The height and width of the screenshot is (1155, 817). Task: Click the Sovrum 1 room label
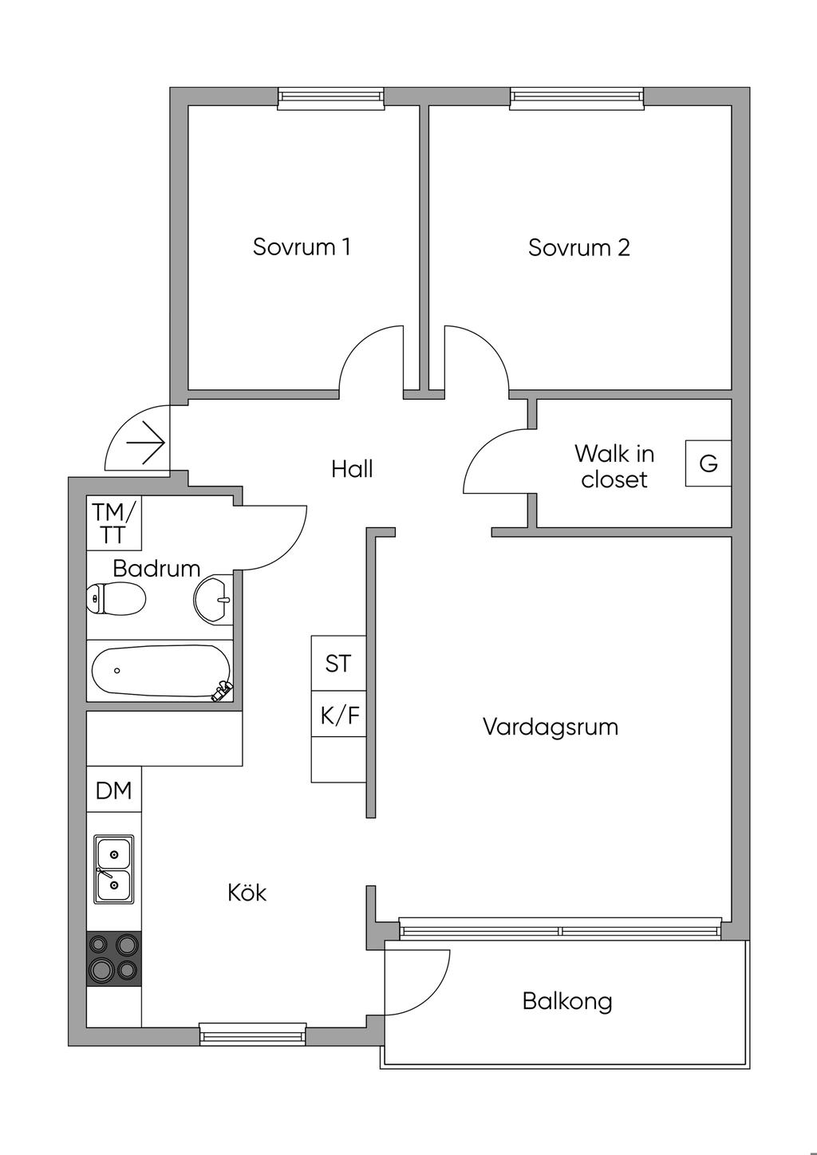pos(302,246)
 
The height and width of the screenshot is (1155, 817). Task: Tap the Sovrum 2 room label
pos(578,247)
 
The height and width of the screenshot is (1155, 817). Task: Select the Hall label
pos(352,469)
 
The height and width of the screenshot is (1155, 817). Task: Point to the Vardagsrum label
pos(551,727)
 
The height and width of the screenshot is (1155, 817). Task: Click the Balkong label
pos(567,1000)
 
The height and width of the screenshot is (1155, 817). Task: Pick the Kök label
pos(247,892)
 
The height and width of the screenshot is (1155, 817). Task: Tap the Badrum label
pos(156,569)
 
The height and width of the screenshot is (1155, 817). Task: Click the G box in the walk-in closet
pos(708,463)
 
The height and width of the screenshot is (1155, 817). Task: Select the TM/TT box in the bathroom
pos(114,522)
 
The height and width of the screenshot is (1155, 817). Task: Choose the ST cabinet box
pos(338,663)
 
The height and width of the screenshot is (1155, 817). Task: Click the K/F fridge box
pos(339,715)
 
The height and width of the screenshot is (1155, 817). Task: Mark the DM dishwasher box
pos(114,790)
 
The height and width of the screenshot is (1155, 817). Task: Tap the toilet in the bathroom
pos(116,598)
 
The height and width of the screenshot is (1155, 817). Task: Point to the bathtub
pos(160,670)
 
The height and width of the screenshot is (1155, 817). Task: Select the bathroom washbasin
pos(213,599)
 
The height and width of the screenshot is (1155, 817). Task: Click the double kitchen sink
pos(114,869)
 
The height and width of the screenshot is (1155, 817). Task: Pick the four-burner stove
pos(114,958)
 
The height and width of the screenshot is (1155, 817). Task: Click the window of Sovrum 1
pos(330,97)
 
